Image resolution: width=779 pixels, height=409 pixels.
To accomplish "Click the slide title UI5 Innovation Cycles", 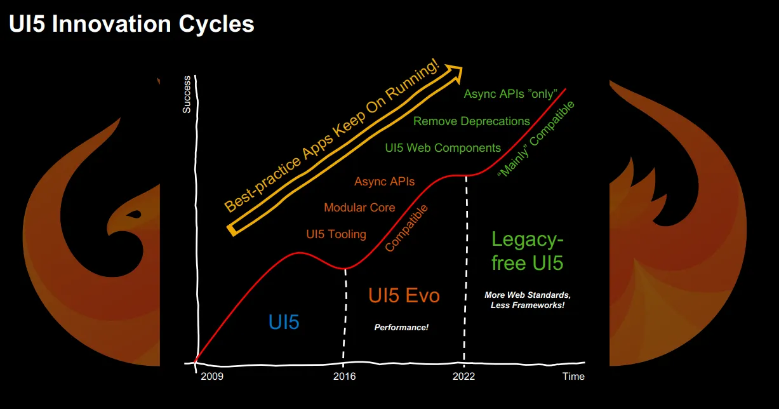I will point(131,24).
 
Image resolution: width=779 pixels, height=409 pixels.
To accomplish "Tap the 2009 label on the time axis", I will point(212,377).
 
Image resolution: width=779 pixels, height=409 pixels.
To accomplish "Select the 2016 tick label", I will point(344,377).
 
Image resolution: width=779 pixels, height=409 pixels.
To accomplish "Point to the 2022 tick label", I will point(463,377).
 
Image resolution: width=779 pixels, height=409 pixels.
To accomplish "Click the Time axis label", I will point(573,377).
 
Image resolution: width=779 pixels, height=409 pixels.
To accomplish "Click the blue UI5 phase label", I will point(284,322).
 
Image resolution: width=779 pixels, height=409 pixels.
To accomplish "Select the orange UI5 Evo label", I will point(404,295).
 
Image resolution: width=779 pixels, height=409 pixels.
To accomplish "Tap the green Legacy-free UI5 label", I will point(527,251).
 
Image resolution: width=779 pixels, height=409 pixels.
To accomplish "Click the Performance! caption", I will point(401,328).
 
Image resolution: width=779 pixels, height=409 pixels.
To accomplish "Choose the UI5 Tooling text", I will point(336,234).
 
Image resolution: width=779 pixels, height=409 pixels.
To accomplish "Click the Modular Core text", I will point(359,208).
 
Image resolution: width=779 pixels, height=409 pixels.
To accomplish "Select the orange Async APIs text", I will point(384,182).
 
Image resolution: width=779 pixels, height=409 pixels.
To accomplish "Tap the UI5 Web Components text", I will point(443,148).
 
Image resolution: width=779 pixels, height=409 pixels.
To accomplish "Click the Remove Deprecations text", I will point(471,121).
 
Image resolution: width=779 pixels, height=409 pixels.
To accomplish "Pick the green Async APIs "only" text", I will point(510,94).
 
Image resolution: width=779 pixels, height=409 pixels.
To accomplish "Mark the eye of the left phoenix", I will point(134,214).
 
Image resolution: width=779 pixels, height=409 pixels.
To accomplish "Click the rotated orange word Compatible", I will point(406,227).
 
